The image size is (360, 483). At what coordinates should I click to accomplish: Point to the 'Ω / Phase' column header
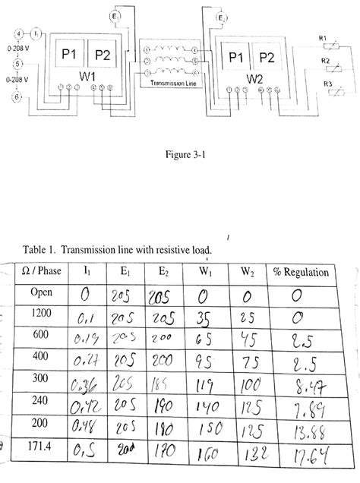(41, 271)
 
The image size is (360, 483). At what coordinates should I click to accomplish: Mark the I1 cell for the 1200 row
(86, 317)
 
